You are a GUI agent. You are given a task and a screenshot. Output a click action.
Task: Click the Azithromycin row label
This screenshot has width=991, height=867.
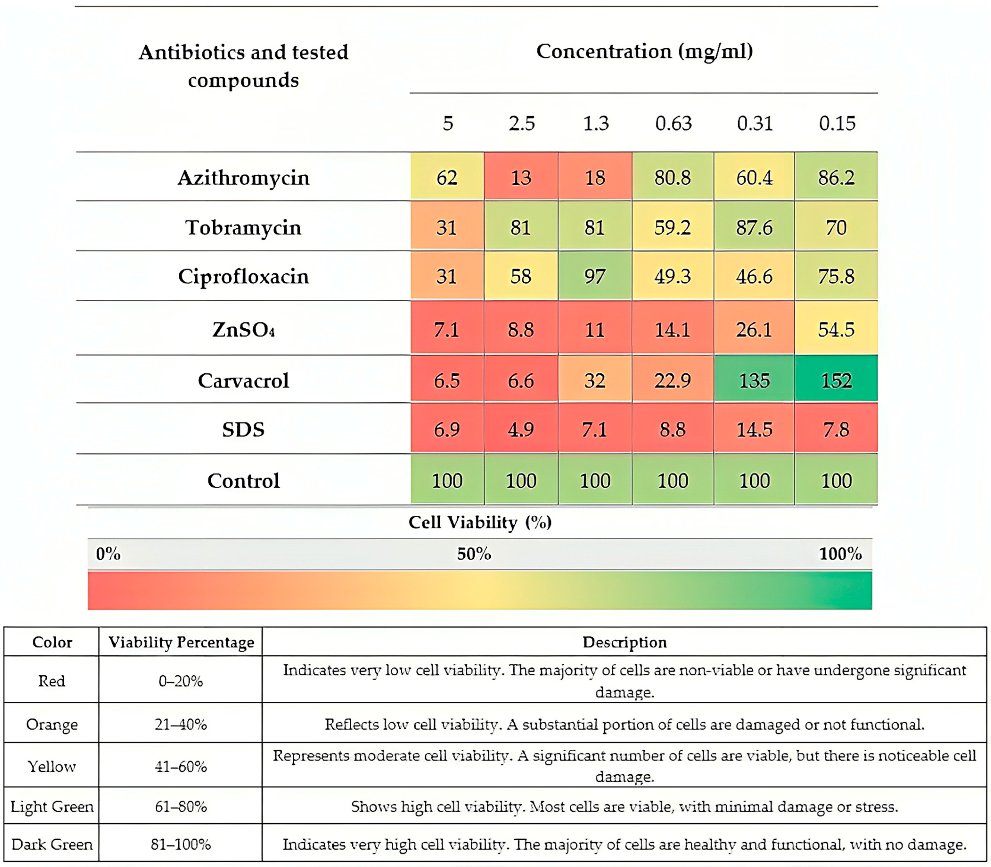[243, 178]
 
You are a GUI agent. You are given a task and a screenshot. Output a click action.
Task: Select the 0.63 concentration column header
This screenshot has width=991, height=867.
[673, 123]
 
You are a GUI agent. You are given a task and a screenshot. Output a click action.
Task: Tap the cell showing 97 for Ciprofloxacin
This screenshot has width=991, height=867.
[594, 276]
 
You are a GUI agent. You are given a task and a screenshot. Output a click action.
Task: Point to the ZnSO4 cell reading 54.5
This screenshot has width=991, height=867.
[836, 329]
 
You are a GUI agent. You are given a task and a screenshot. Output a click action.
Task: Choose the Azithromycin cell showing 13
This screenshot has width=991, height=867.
[521, 178]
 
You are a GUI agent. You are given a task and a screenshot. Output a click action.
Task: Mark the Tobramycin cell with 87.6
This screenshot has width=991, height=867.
[754, 227]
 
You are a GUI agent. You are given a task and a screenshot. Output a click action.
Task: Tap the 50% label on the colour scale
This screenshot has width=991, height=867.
[474, 553]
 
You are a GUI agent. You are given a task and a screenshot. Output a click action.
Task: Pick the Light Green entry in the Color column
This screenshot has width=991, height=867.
[52, 807]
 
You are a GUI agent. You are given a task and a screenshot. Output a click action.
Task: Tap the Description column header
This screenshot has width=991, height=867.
[624, 642]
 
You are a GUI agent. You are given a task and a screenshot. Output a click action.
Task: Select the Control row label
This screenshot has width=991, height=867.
[243, 480]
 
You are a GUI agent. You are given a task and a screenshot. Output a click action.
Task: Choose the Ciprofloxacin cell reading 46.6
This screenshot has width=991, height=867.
[754, 276]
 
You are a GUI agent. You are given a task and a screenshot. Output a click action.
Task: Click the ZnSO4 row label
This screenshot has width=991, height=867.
[243, 329]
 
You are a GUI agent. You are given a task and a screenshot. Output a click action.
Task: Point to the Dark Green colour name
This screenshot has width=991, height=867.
[52, 844]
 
